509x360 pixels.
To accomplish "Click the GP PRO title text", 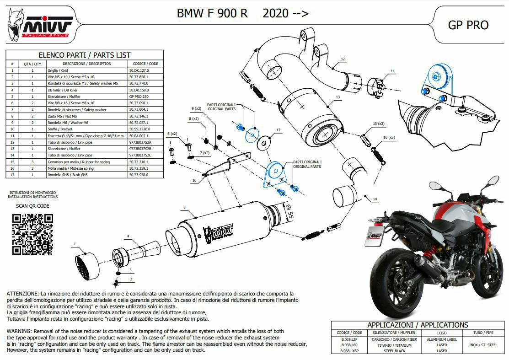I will click(x=468, y=25).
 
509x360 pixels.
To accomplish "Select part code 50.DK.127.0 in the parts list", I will click(x=139, y=71).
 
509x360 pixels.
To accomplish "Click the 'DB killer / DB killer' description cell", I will click(x=86, y=91).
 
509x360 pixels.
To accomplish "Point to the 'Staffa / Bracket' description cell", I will click(x=86, y=129).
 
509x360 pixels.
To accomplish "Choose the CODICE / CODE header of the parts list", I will click(x=145, y=64).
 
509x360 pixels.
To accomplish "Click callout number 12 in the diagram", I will click(x=343, y=59).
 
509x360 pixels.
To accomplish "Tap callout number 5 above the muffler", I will click(x=185, y=208).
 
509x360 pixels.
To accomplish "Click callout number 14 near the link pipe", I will click(x=375, y=199).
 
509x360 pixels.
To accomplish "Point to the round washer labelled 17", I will click(x=264, y=144).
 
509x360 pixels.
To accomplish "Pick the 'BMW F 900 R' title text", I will click(x=212, y=13).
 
